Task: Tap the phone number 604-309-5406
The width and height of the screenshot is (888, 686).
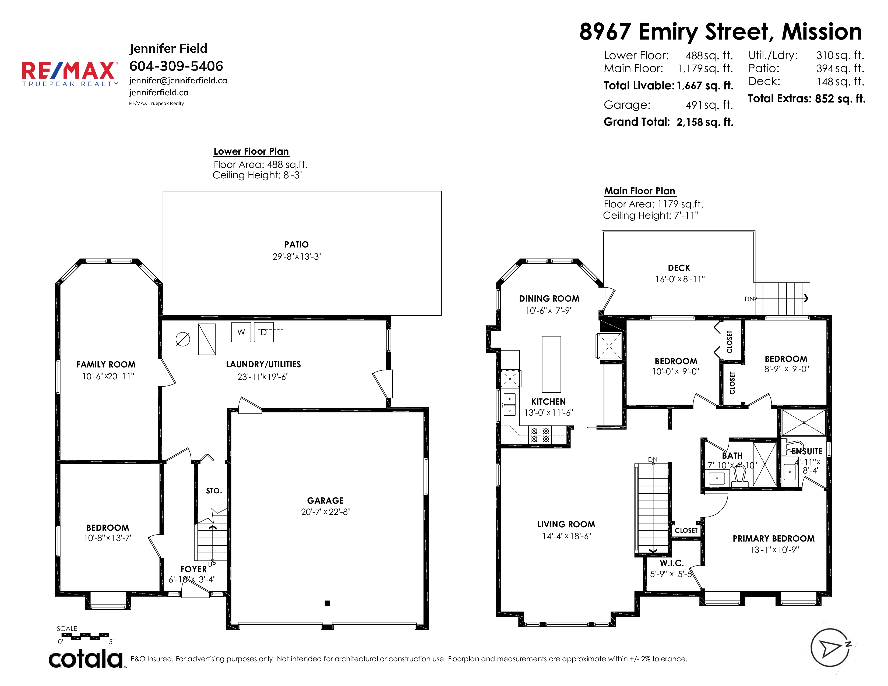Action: [176, 66]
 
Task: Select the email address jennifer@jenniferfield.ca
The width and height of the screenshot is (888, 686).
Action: [178, 80]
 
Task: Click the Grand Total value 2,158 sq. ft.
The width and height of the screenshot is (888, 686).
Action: [705, 122]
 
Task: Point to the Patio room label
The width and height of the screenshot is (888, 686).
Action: [297, 244]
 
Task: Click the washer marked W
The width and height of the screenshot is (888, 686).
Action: [241, 332]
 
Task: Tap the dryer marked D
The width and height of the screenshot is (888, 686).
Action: [264, 332]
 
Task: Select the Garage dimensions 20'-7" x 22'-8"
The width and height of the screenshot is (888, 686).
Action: [326, 512]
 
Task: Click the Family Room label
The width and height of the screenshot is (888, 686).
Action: [106, 365]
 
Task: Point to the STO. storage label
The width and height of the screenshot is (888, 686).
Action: [214, 491]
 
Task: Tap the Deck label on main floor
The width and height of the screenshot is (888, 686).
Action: [679, 268]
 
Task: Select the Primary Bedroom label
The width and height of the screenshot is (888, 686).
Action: [774, 539]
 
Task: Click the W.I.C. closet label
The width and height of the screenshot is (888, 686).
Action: [672, 563]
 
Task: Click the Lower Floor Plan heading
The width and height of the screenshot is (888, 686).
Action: [251, 151]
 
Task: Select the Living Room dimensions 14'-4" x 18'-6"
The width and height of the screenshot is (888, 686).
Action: [566, 536]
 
